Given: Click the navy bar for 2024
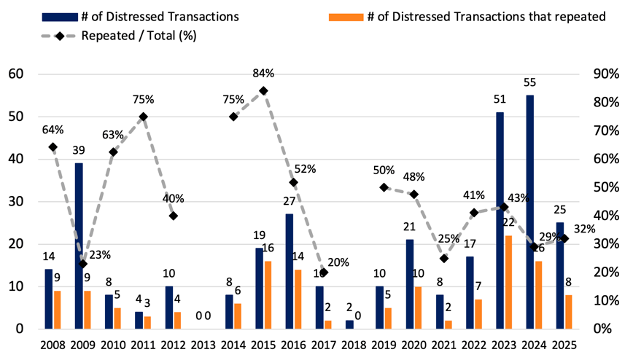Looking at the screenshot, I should tap(530, 212).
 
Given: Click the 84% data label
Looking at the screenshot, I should tap(263, 73).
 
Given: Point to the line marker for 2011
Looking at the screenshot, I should tap(143, 117).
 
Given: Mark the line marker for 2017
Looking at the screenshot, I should tap(324, 272).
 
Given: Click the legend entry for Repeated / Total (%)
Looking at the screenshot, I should tap(139, 34).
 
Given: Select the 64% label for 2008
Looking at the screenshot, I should tap(53, 130).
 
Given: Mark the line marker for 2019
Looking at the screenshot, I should tap(384, 187).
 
